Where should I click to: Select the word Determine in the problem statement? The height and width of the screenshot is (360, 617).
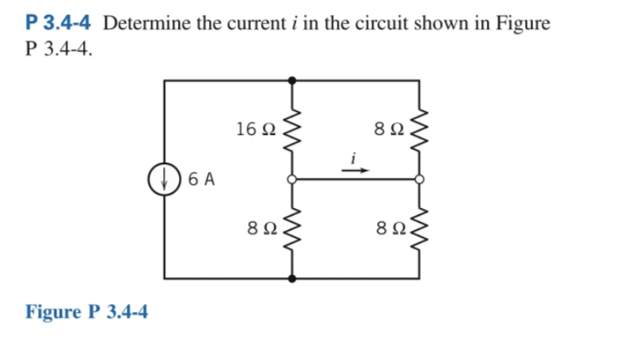pos(143,23)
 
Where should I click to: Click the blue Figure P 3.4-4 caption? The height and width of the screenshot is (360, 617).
pos(87,312)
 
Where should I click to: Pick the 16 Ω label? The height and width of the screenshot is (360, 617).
pos(255,128)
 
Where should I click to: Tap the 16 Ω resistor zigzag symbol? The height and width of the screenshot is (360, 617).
pos(293,128)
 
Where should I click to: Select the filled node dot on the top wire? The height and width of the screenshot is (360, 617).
pos(293,80)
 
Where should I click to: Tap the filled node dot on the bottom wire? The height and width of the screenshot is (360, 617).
pos(293,279)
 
